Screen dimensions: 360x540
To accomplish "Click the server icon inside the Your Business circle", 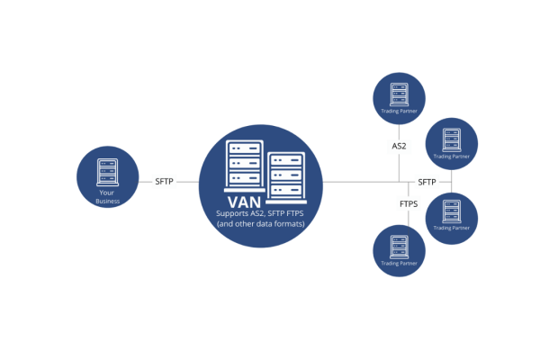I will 107,172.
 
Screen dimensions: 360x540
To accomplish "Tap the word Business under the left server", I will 107,202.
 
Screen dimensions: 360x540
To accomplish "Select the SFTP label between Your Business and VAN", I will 164,181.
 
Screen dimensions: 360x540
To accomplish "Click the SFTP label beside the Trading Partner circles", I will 427,182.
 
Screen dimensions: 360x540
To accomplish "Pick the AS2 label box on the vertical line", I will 400,146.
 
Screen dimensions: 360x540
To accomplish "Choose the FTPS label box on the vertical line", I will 409,204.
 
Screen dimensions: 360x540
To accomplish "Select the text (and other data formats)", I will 261,223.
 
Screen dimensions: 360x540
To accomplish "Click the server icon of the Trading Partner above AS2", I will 400,93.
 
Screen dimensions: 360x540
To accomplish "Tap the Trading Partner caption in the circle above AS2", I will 400,113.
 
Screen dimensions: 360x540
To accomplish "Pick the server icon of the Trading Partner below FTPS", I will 400,244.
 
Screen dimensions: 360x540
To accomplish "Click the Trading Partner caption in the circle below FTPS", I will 400,264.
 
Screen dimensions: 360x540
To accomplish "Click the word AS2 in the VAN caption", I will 262,213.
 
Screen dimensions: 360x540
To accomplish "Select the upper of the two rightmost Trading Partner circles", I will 451,143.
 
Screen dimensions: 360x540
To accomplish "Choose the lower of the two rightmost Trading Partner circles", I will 451,218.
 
